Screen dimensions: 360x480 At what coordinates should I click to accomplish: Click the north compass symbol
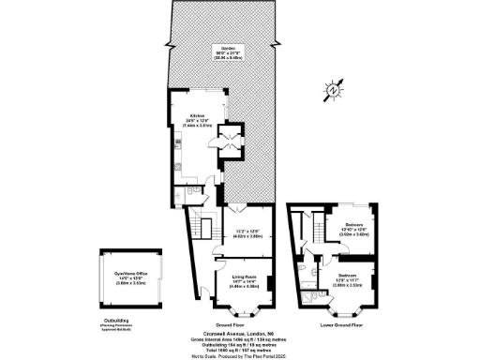point(334,91)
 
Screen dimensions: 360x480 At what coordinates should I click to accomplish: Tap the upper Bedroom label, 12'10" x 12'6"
point(353,227)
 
